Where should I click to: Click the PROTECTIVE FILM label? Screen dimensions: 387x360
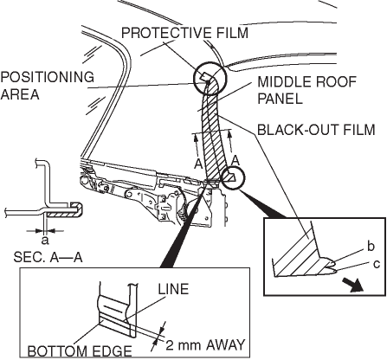[x=184, y=33]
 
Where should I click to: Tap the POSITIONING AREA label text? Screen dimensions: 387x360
[x=48, y=86]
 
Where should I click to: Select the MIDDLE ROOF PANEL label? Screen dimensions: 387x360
[x=307, y=90]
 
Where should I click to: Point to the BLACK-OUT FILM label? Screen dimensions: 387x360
[x=316, y=130]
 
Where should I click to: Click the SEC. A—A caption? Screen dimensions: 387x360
[x=48, y=257]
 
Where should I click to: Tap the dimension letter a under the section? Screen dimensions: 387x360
[x=45, y=240]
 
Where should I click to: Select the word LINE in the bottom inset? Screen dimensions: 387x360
[x=173, y=289]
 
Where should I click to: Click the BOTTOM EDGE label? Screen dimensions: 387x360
[x=80, y=351]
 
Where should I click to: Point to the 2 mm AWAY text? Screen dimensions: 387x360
[x=205, y=345]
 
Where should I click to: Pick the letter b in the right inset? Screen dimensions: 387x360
[x=371, y=247]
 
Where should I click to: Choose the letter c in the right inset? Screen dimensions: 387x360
[x=377, y=264]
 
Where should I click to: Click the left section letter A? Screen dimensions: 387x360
[x=198, y=164]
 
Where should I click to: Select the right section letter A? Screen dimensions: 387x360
[x=236, y=160]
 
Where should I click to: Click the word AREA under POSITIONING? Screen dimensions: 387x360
[x=20, y=94]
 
